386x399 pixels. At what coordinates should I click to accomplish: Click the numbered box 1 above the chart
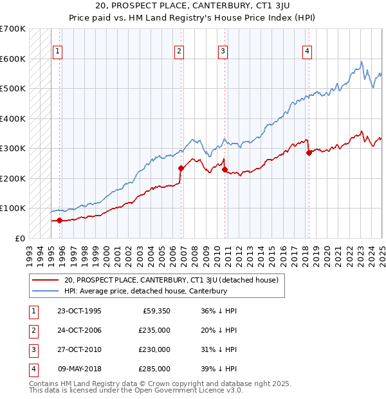tap(58, 52)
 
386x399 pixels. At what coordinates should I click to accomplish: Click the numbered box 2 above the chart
tap(179, 52)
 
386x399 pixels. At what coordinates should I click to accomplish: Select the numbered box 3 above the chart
tap(223, 52)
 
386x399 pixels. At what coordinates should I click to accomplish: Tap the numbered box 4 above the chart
tap(308, 52)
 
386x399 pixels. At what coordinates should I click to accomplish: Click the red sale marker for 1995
tap(60, 220)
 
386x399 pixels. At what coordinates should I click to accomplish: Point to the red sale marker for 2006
tap(181, 168)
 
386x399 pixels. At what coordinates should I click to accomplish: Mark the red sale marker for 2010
tap(225, 169)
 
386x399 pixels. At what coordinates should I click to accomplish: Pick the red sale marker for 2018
tap(309, 153)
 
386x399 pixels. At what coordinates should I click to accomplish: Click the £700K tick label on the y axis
tap(13, 29)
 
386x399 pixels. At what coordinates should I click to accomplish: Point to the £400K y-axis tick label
tap(13, 118)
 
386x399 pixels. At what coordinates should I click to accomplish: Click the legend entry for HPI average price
tap(145, 291)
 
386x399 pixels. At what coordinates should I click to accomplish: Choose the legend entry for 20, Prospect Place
tap(170, 280)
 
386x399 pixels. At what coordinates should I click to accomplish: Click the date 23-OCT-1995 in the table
tap(79, 311)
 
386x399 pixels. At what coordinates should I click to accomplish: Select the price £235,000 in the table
tap(154, 330)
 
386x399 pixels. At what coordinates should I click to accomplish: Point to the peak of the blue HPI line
tap(362, 62)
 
